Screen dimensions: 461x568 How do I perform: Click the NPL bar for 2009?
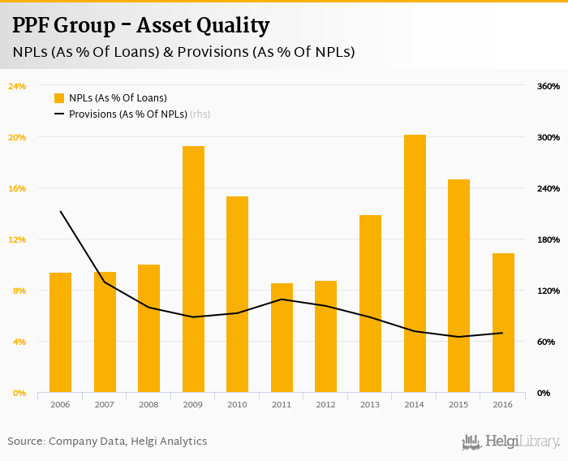(193, 269)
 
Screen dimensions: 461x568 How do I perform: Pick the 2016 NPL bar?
(503, 323)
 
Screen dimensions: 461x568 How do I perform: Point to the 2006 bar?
(60, 333)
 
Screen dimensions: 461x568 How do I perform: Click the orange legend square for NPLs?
(59, 98)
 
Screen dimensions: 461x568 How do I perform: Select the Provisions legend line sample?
(59, 114)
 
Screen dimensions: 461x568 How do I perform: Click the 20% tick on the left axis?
(17, 137)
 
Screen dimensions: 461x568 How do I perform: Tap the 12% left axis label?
(17, 239)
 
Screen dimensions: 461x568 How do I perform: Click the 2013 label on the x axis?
(370, 404)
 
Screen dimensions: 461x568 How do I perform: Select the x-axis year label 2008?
(148, 404)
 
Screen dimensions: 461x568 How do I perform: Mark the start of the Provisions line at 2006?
(61, 212)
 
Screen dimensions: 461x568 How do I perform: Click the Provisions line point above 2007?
(105, 282)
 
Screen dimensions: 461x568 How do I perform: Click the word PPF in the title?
(30, 26)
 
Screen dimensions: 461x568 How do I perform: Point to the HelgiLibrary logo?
(511, 442)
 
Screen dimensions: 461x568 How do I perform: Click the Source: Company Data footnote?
(107, 442)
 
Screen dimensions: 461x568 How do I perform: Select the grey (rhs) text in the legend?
(200, 114)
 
